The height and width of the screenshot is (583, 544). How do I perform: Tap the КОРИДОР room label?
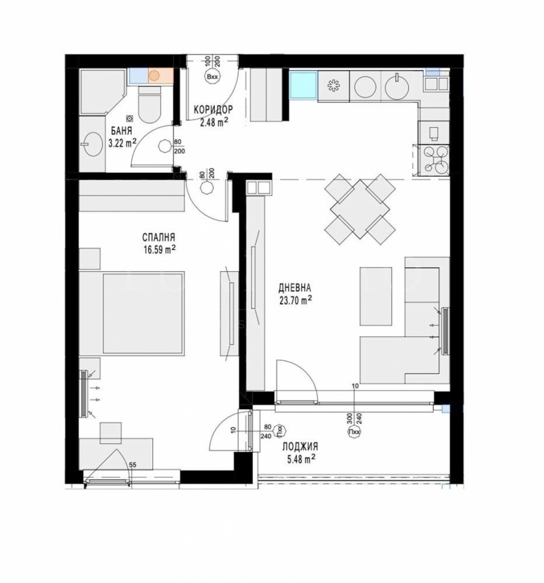click(214, 109)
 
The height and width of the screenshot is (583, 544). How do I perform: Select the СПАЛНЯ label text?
click(159, 237)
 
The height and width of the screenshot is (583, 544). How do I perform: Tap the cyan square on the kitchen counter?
click(302, 86)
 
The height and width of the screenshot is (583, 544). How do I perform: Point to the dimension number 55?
click(133, 464)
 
